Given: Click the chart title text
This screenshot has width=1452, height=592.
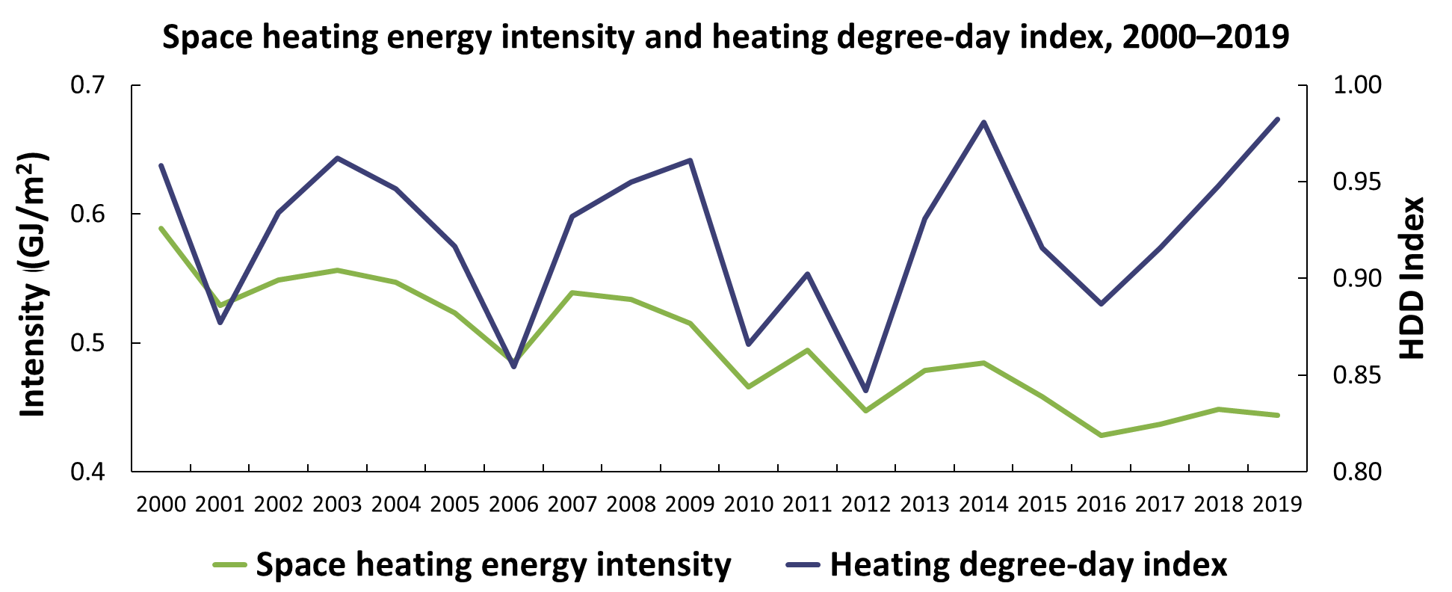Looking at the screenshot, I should pyautogui.click(x=726, y=37).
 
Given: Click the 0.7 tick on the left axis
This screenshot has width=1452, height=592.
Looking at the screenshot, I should pyautogui.click(x=88, y=85).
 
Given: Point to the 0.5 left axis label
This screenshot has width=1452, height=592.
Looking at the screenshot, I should pyautogui.click(x=88, y=343).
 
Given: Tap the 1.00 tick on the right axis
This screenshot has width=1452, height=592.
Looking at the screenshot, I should pyautogui.click(x=1358, y=85).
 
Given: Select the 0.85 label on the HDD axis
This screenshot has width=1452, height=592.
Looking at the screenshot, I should pyautogui.click(x=1358, y=375).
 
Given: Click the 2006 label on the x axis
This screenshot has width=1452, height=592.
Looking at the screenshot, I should pyautogui.click(x=513, y=504).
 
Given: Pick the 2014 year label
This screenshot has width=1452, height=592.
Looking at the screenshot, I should pyautogui.click(x=983, y=504).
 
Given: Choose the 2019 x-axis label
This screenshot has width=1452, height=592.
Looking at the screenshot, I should pyautogui.click(x=1277, y=504).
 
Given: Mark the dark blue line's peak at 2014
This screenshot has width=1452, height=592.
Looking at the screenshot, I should pyautogui.click(x=984, y=122).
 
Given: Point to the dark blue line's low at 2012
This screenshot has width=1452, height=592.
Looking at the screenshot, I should pyautogui.click(x=866, y=391).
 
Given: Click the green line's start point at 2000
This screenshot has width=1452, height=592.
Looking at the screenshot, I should pyautogui.click(x=161, y=228).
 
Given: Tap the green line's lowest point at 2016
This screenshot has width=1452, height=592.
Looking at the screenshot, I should pyautogui.click(x=1101, y=435).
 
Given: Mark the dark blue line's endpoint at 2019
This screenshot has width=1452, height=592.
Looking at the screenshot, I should pyautogui.click(x=1278, y=119).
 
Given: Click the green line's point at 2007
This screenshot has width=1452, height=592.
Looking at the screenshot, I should pyautogui.click(x=572, y=292).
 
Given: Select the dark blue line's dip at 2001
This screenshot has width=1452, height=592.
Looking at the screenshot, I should pyautogui.click(x=220, y=322).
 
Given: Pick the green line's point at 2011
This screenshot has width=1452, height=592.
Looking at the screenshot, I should pyautogui.click(x=807, y=350).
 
